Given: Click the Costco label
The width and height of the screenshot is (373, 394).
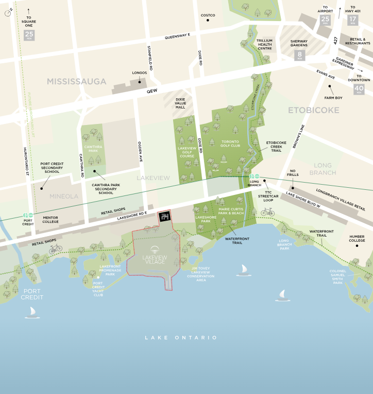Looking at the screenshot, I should tap(208, 15).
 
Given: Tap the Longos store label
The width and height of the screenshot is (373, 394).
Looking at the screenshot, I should tap(140, 73).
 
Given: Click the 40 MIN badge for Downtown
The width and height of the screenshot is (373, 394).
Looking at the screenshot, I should tap(359, 89).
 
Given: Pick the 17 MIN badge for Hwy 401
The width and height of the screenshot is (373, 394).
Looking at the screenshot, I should tap(353, 20).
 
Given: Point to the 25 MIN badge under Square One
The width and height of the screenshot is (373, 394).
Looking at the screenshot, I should tap(29, 35).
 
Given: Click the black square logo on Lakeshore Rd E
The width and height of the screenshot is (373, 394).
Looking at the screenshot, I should tap(164, 217).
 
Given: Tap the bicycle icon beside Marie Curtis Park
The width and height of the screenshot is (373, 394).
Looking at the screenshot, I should tap(267, 211).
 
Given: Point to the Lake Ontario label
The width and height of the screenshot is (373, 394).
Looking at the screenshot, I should tap(181, 337).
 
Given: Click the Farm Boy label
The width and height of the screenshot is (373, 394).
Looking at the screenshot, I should tap(333, 98).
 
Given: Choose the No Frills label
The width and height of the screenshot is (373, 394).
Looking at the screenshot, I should tap(294, 174).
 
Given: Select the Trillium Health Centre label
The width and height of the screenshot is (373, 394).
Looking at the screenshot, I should tap(264, 44).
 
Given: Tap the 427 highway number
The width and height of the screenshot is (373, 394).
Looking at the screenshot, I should tap(335, 39).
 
